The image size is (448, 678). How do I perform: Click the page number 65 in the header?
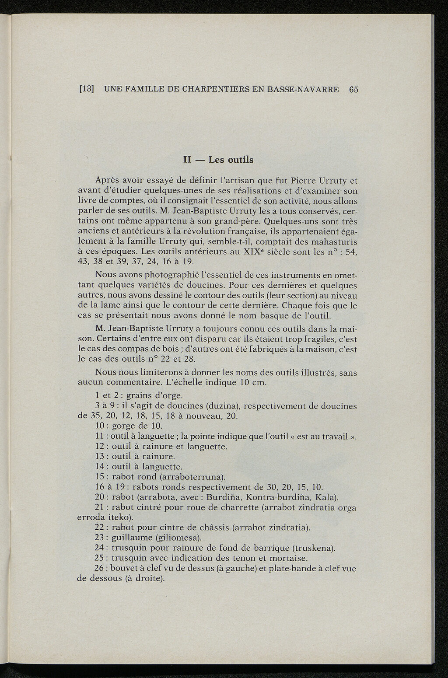pos(353,89)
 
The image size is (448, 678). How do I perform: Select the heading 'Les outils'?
pos(231,160)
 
